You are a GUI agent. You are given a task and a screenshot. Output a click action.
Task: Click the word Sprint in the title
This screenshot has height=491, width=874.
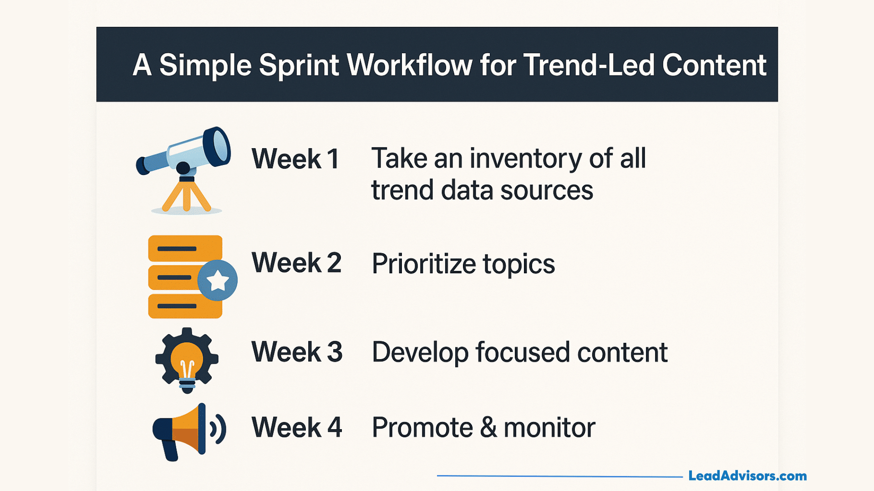tap(299, 65)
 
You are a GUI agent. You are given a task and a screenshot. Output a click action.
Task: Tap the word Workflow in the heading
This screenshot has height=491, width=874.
tap(410, 65)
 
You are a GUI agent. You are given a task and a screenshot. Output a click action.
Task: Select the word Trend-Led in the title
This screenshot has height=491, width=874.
tap(589, 65)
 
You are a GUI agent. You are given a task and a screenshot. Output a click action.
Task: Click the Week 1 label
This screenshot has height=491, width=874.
tap(295, 159)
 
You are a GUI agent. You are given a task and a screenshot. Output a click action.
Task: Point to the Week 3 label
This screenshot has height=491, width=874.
tap(297, 352)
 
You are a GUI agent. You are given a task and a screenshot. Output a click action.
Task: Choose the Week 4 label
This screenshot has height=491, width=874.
tap(297, 427)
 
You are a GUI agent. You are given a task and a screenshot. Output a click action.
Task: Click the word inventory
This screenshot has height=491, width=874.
tap(526, 159)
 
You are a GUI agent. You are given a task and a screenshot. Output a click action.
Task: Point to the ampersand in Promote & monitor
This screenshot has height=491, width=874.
tap(488, 427)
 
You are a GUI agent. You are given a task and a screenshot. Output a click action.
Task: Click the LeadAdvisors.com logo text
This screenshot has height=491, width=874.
tap(747, 476)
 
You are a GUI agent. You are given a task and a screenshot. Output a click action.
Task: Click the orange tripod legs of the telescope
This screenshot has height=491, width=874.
tap(186, 196)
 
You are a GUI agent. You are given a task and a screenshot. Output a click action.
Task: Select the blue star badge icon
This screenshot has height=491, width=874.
tap(218, 281)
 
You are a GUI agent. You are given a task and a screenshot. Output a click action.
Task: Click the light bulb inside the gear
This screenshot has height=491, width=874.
tap(187, 361)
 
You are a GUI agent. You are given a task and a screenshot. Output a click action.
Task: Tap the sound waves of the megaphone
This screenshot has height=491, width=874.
tap(218, 429)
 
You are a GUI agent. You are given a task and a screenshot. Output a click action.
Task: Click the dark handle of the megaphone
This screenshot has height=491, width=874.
tap(170, 450)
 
